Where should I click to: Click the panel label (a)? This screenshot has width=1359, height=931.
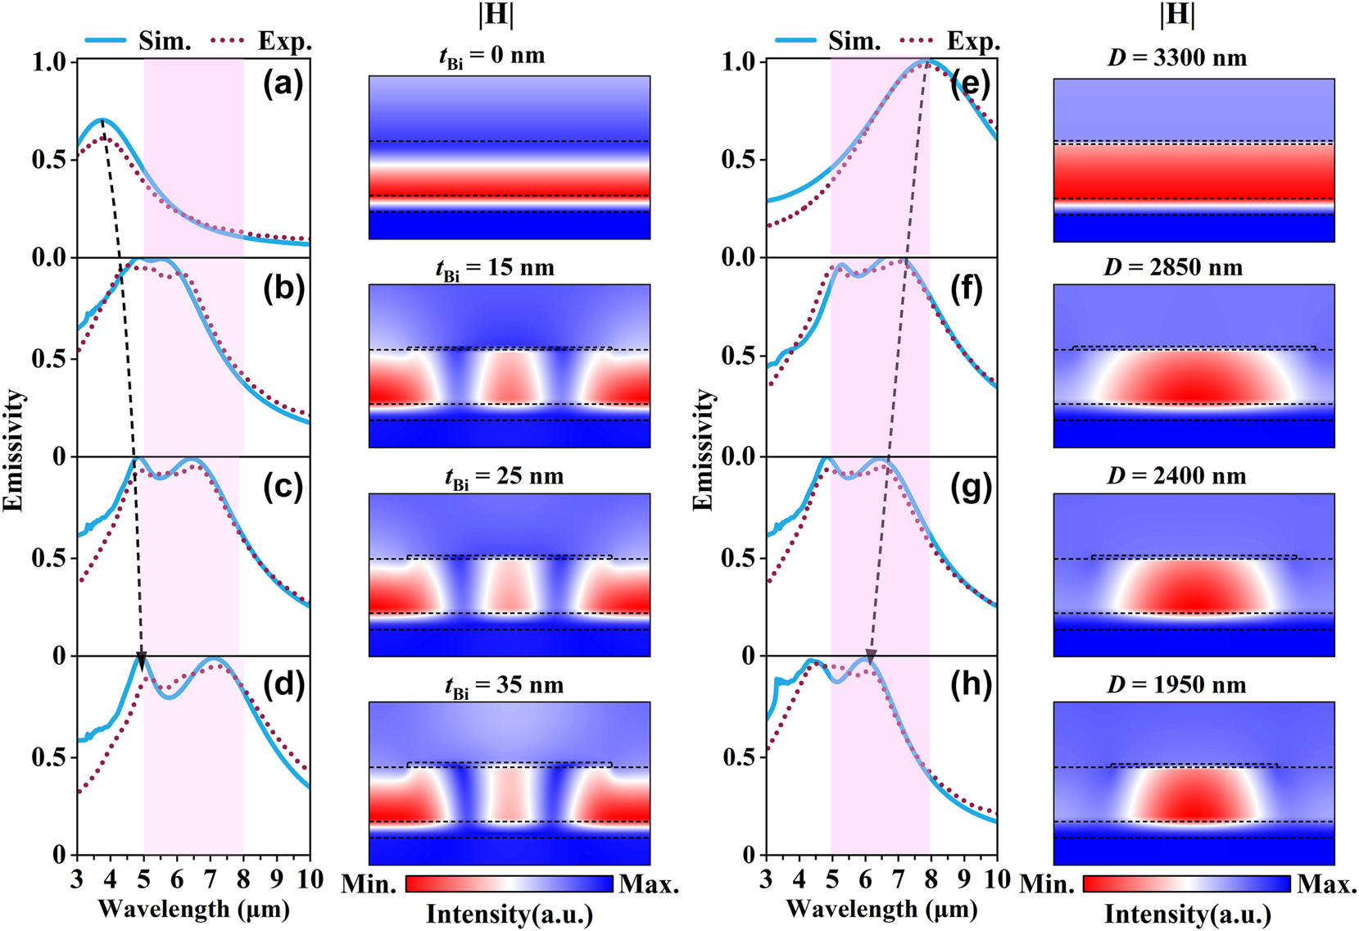click(x=283, y=84)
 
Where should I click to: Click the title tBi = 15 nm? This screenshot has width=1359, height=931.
click(x=495, y=269)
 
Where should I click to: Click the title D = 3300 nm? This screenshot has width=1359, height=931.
click(x=1177, y=58)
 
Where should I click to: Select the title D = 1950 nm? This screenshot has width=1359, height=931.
click(x=1177, y=684)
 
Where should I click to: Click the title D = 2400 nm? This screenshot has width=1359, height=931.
click(x=1177, y=475)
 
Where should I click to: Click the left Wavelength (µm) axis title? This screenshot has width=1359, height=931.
click(x=193, y=909)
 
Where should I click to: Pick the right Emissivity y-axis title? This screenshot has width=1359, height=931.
click(x=703, y=450)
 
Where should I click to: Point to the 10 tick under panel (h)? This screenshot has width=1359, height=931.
click(x=996, y=880)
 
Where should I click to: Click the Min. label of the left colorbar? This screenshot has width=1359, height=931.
click(x=369, y=884)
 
